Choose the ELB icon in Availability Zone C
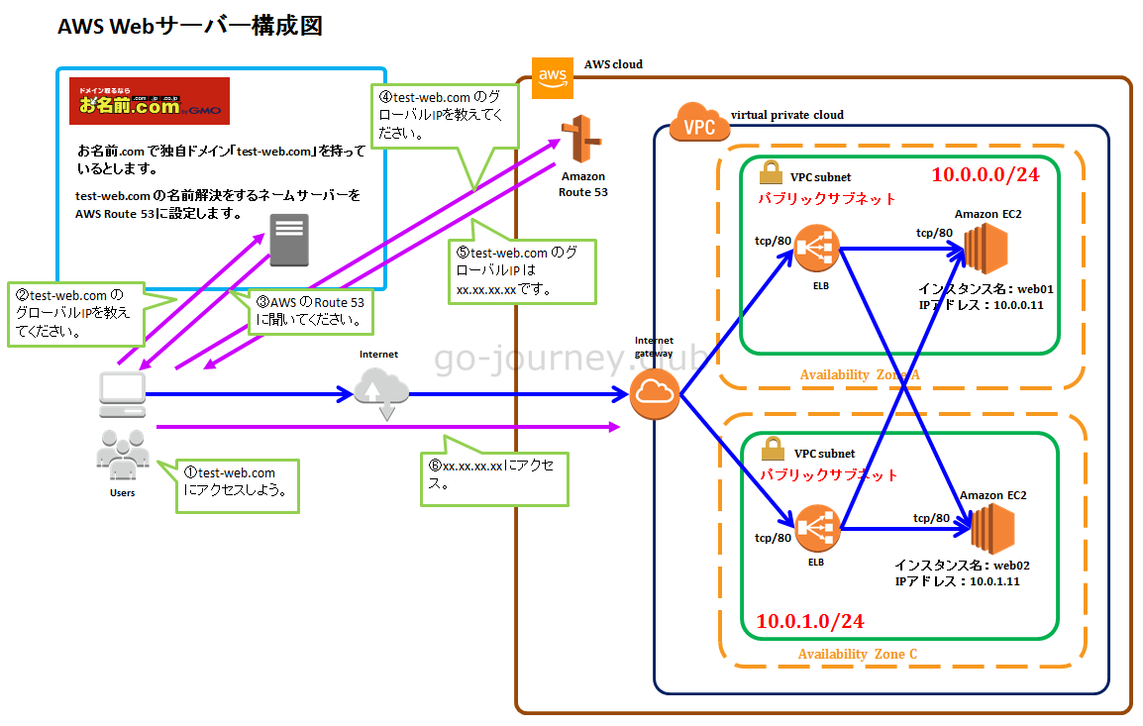click(x=817, y=528)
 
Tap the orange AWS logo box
click(x=552, y=77)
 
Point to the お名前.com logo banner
click(x=150, y=100)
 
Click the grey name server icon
click(x=288, y=240)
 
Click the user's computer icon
click(x=122, y=393)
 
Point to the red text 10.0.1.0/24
click(x=810, y=621)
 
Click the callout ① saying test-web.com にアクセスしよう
click(x=237, y=481)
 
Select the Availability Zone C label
click(x=857, y=654)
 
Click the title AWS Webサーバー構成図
click(x=190, y=27)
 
